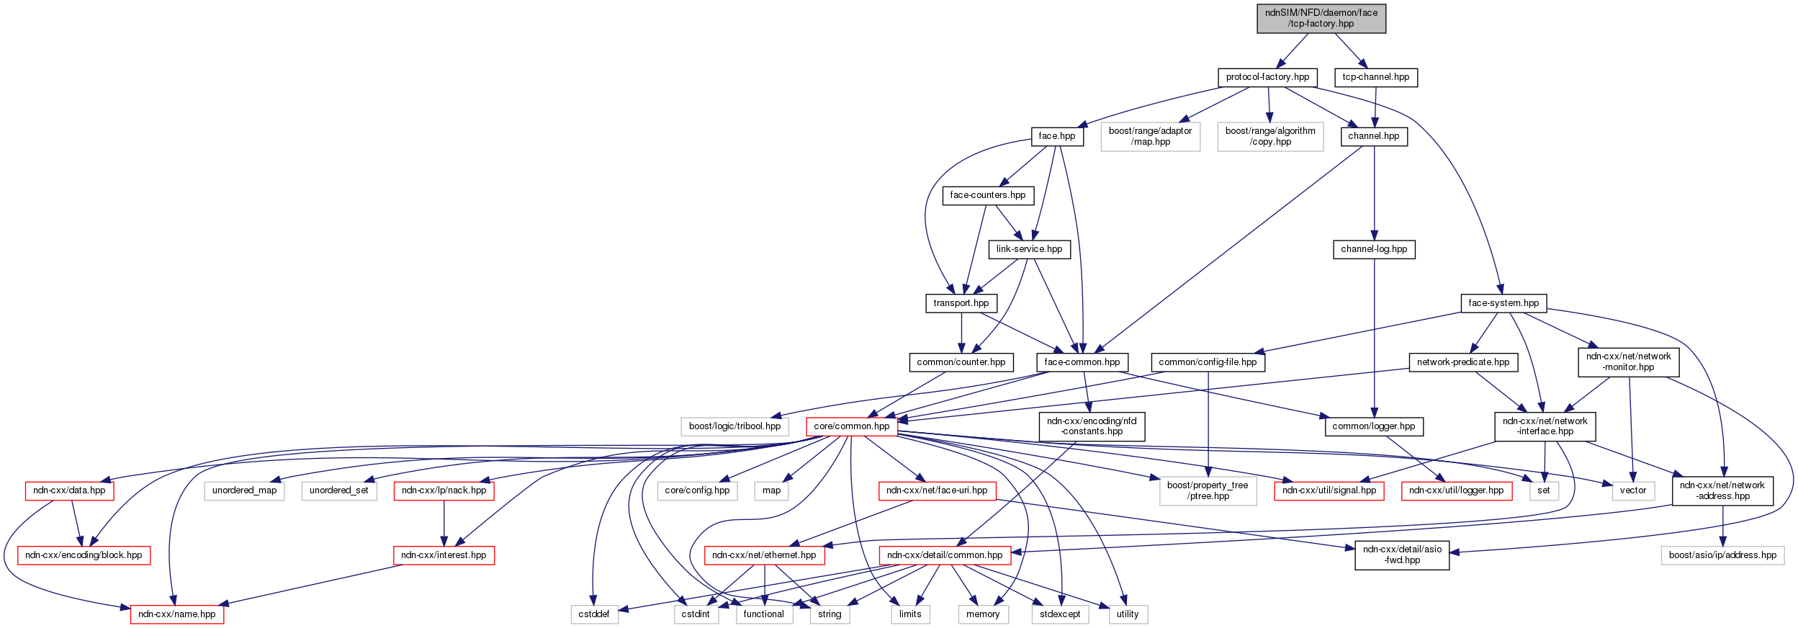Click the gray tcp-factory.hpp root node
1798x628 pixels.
(x=1321, y=18)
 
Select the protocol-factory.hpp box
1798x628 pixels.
(x=1267, y=77)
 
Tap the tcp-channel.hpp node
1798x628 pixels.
(x=1375, y=77)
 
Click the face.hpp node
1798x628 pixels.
(x=1056, y=136)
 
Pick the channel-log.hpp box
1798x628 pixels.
(x=1373, y=249)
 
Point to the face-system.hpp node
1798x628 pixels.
(x=1503, y=303)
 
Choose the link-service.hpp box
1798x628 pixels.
(x=1029, y=249)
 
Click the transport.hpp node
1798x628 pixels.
(x=961, y=303)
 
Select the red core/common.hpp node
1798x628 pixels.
(x=851, y=426)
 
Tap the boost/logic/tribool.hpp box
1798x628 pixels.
(x=734, y=426)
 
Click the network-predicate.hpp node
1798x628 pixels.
(x=1462, y=362)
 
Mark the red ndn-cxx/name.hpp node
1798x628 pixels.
(x=176, y=614)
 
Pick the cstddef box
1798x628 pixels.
(x=594, y=614)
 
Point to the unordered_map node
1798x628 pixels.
(x=244, y=490)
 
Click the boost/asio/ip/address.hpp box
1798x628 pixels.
(x=1722, y=555)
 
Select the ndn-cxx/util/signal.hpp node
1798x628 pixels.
(x=1329, y=490)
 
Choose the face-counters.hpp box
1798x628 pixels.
(x=987, y=195)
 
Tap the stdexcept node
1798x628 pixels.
(x=1060, y=614)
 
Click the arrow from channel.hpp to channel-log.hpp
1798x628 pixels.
(x=1374, y=194)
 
